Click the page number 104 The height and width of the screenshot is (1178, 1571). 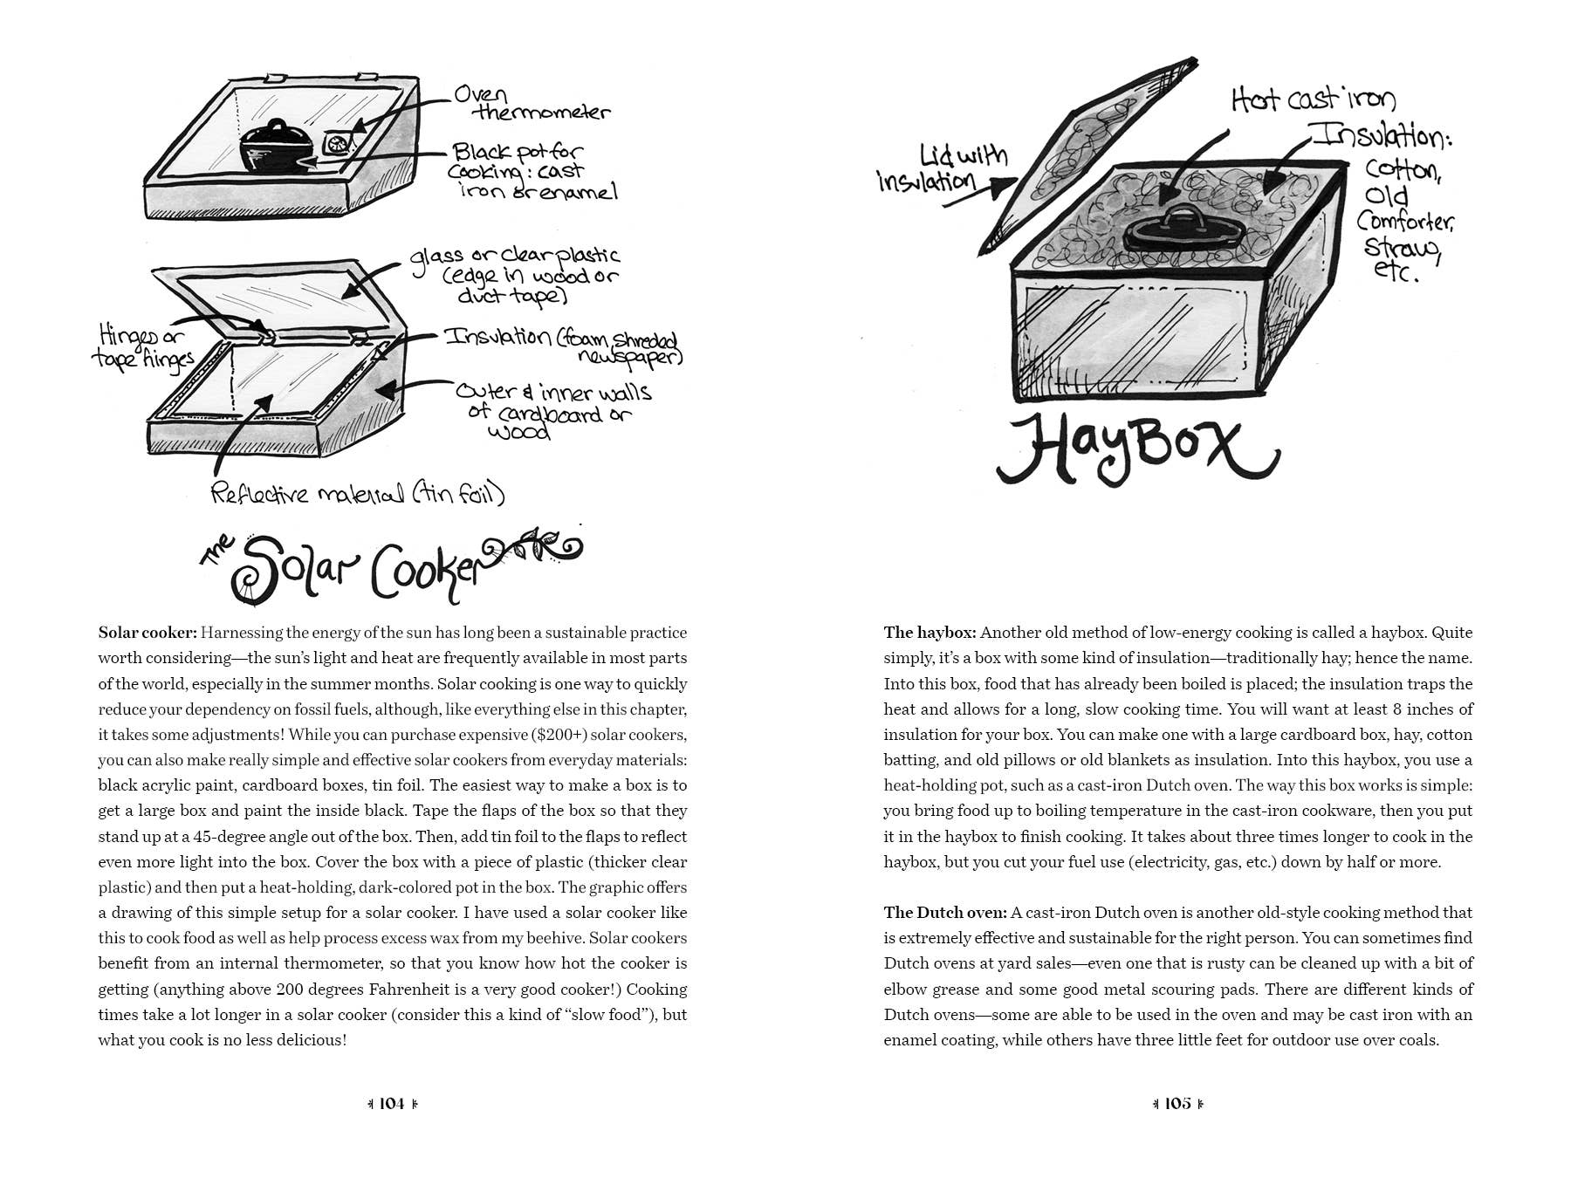click(392, 1103)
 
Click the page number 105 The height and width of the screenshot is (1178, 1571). click(1177, 1103)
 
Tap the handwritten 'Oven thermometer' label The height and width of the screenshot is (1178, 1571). click(532, 104)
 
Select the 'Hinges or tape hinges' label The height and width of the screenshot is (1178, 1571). click(142, 347)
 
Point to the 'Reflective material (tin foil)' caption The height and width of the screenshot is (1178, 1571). click(358, 494)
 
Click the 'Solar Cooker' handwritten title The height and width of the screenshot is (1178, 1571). click(391, 565)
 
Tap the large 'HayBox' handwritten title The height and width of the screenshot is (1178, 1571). click(1137, 450)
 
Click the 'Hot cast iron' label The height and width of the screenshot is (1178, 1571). click(1314, 100)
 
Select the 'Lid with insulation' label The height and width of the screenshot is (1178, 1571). click(943, 168)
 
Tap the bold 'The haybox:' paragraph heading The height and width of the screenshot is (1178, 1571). click(930, 633)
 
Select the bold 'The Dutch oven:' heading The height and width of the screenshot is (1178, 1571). click(946, 913)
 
